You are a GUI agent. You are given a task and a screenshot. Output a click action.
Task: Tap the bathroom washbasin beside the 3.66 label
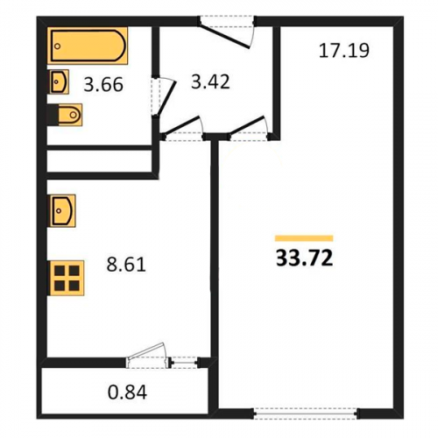[x=60, y=81]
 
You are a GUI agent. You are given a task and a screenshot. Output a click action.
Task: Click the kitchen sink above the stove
[x=63, y=211]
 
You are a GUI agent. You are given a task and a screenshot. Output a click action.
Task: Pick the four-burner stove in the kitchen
[x=67, y=278]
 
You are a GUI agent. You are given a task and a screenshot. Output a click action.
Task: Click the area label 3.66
[x=103, y=85]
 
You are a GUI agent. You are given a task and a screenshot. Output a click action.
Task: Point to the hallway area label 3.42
[x=210, y=81]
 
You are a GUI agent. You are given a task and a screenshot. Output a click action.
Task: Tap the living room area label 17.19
[x=344, y=51]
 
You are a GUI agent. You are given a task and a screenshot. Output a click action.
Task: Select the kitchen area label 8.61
[x=126, y=265]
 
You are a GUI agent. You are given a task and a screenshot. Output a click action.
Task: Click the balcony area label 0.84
[x=127, y=392]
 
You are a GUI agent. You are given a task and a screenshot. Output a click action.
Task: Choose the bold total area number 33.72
[x=304, y=258]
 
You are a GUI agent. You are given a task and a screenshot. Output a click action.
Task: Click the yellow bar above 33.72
[x=304, y=238]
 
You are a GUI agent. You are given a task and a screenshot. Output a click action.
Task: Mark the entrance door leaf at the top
[x=224, y=37]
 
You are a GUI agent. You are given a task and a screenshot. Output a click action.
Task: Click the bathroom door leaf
[x=166, y=99]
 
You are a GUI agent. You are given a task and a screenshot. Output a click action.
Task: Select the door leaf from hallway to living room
[x=247, y=126]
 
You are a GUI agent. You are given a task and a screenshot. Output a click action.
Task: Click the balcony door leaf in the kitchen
[x=146, y=350]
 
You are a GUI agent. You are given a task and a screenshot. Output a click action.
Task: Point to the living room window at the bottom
[x=306, y=413]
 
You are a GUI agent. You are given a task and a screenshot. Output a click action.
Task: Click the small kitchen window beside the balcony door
[x=186, y=363]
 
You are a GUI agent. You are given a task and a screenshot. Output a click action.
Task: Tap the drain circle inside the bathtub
[x=58, y=46]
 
